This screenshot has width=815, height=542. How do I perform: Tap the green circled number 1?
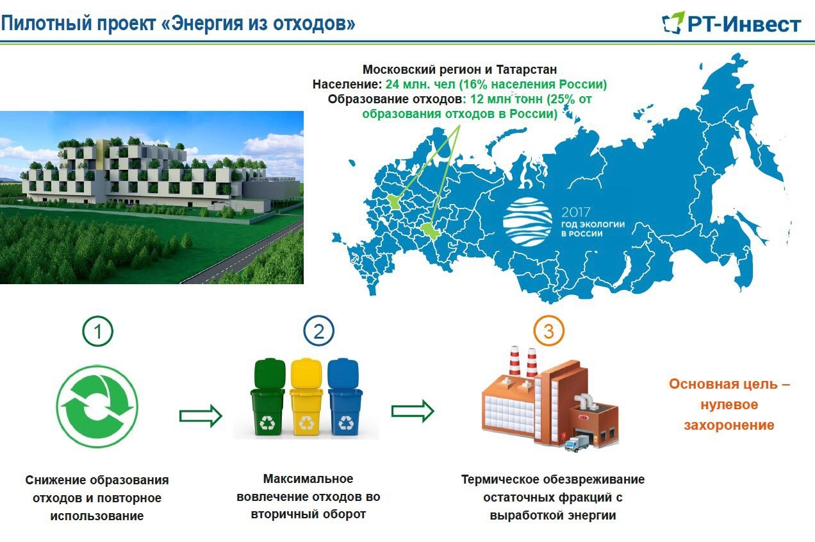click(97, 331)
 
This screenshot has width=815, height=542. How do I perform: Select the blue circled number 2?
click(318, 331)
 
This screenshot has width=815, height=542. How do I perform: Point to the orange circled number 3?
click(548, 331)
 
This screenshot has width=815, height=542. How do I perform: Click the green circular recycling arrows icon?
click(97, 407)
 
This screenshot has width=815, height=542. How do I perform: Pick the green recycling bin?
click(268, 396)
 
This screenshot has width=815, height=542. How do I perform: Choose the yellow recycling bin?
click(306, 396)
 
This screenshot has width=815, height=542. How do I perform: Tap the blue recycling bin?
click(345, 396)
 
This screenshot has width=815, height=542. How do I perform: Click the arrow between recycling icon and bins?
click(201, 416)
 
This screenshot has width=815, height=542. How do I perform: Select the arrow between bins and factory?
click(413, 411)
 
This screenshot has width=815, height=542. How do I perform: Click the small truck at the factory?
click(577, 443)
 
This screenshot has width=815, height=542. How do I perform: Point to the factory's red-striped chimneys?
click(523, 362)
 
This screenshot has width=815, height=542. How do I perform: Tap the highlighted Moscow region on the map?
click(393, 202)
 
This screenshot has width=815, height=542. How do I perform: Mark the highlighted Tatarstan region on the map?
click(430, 230)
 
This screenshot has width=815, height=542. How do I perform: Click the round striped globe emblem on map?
click(527, 222)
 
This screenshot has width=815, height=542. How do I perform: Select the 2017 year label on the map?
click(575, 212)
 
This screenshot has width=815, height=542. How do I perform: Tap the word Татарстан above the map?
click(527, 69)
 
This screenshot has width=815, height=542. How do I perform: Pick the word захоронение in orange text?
click(729, 425)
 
